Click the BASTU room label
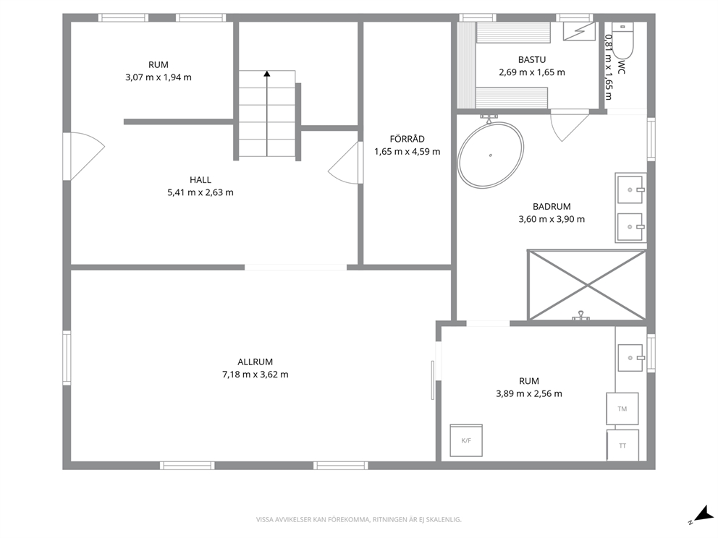point(532,59)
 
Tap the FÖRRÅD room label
point(407,139)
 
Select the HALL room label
point(200,180)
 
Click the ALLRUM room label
point(255,362)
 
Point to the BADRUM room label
point(552,206)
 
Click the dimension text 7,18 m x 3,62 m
point(255,375)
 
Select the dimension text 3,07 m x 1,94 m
point(159,77)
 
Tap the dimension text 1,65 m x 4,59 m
point(407,151)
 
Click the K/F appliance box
point(466,440)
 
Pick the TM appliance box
point(622,409)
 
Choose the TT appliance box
point(622,445)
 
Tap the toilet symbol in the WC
point(622,40)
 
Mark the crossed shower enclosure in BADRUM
point(586,285)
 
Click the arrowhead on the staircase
point(267,73)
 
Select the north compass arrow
point(703,513)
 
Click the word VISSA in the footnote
point(265,520)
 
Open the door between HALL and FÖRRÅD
point(345,163)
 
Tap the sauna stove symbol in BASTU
point(579,32)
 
